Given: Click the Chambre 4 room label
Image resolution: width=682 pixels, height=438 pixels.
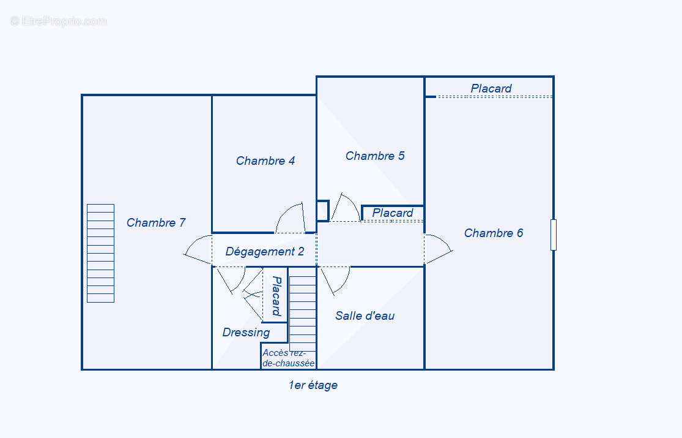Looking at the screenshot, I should pyautogui.click(x=265, y=161).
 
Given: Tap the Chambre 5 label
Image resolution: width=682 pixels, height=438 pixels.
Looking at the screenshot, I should pyautogui.click(x=375, y=156).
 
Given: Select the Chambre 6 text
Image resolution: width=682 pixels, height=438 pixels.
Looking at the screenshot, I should pyautogui.click(x=494, y=233).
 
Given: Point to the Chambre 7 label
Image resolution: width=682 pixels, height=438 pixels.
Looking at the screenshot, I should pyautogui.click(x=156, y=223).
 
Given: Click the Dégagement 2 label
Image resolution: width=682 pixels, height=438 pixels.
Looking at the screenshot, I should pyautogui.click(x=265, y=252).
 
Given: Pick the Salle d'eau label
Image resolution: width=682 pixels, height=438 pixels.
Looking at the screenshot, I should pyautogui.click(x=365, y=316).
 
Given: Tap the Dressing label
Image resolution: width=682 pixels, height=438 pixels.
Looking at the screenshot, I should pyautogui.click(x=246, y=333).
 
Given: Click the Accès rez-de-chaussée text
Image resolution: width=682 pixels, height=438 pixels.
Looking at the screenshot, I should pyautogui.click(x=288, y=358).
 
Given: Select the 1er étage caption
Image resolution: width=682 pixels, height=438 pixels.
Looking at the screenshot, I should pyautogui.click(x=313, y=385).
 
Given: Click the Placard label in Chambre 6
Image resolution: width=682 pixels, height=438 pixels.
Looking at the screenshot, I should pyautogui.click(x=491, y=89).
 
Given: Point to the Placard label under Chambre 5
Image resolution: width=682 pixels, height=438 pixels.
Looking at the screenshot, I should pyautogui.click(x=393, y=213).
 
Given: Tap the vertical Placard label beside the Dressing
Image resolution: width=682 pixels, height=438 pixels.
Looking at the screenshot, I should pyautogui.click(x=276, y=295).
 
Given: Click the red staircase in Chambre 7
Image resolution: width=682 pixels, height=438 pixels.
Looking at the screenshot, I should pyautogui.click(x=100, y=253).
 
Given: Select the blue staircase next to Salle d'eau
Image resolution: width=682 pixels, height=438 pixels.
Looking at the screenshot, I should pyautogui.click(x=302, y=313).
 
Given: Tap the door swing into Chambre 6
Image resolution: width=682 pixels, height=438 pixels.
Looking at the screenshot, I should pyautogui.click(x=437, y=249).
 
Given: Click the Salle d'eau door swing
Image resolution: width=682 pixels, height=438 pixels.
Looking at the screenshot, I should pyautogui.click(x=335, y=279).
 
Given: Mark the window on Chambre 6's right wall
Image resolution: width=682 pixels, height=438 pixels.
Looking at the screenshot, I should pyautogui.click(x=554, y=235).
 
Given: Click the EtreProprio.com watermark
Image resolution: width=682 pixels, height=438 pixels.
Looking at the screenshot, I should pyautogui.click(x=59, y=21).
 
